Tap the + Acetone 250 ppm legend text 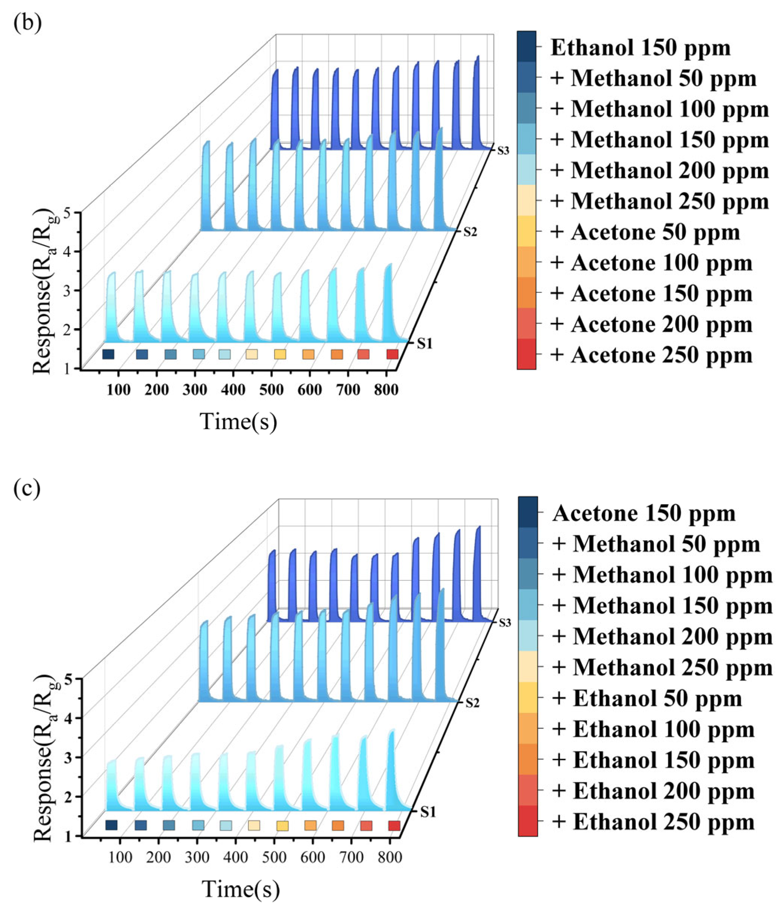(651, 355)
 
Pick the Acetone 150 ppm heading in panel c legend (644, 513)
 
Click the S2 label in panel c (472, 703)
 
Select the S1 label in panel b (424, 344)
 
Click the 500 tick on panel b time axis (272, 390)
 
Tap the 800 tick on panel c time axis (390, 857)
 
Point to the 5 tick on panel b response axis (66, 213)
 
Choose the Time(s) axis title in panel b (238, 421)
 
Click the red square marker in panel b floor (392, 354)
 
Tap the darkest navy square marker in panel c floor (112, 825)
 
